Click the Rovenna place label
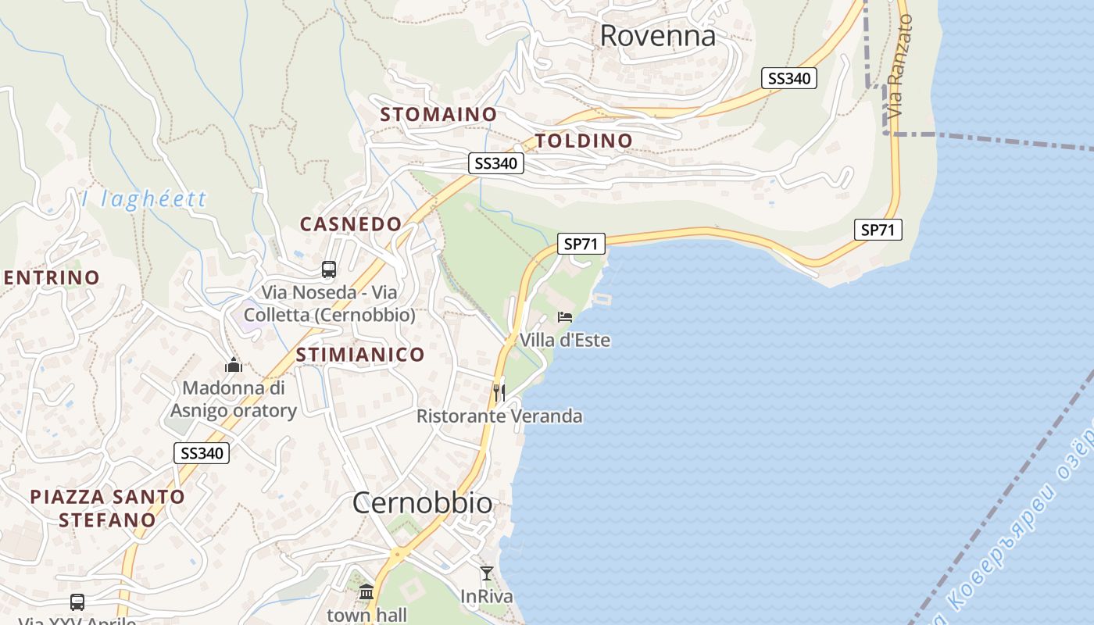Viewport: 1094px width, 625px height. pyautogui.click(x=657, y=36)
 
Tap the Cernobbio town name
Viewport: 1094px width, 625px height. pyautogui.click(x=422, y=503)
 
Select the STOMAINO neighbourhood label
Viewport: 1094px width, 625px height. pyautogui.click(x=438, y=114)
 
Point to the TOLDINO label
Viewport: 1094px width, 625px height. pyautogui.click(x=584, y=141)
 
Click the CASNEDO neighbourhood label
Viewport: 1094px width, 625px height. pyautogui.click(x=351, y=224)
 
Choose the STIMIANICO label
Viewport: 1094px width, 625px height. pyautogui.click(x=360, y=355)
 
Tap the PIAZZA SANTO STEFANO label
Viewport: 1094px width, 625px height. pyautogui.click(x=108, y=508)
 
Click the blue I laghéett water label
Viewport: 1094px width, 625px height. pyautogui.click(x=145, y=198)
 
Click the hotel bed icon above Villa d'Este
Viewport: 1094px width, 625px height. pyautogui.click(x=565, y=317)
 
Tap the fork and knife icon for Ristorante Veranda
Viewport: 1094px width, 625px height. pyautogui.click(x=499, y=392)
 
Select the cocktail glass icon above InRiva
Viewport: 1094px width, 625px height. pyautogui.click(x=487, y=573)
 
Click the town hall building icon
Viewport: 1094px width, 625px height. pyautogui.click(x=366, y=591)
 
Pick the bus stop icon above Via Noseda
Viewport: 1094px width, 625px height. pyautogui.click(x=329, y=270)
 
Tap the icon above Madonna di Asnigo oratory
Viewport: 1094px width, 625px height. pyautogui.click(x=233, y=365)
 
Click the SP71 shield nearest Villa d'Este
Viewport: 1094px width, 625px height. pyautogui.click(x=581, y=244)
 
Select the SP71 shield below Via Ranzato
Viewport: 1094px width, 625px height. pyautogui.click(x=878, y=230)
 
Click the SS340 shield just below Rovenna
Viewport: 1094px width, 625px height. pyautogui.click(x=788, y=78)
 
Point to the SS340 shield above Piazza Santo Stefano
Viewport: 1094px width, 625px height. pyautogui.click(x=202, y=453)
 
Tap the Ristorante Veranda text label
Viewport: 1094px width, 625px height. pyautogui.click(x=499, y=416)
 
